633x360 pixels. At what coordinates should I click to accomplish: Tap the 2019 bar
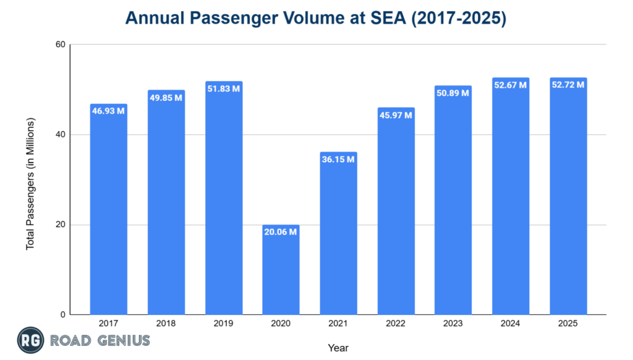(223, 198)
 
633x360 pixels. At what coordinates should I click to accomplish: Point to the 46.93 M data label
(108, 111)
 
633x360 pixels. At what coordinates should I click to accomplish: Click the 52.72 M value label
(567, 85)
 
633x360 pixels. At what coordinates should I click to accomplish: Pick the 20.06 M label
(281, 232)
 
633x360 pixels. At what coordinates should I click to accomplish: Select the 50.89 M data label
(452, 93)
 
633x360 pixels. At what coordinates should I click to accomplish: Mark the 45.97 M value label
(396, 115)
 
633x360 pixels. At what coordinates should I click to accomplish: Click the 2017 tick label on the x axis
(108, 324)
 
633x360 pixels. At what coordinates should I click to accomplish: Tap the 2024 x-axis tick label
(510, 324)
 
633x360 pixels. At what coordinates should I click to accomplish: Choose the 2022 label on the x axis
(396, 324)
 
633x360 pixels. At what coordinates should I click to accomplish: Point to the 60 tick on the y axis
(59, 45)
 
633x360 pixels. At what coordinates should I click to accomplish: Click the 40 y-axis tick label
(59, 135)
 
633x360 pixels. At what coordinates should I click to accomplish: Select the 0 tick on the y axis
(62, 315)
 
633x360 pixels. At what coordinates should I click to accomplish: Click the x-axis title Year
(338, 348)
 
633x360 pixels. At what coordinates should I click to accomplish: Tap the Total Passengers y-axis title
(30, 183)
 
